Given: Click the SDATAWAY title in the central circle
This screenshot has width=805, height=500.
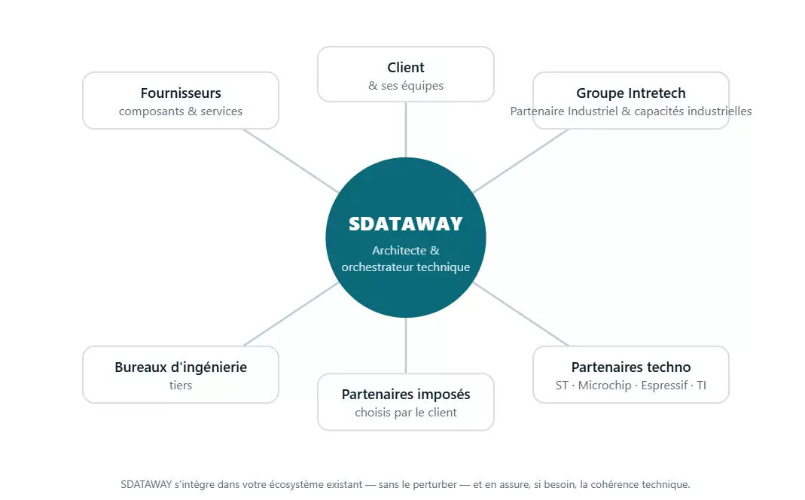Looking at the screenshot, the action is [x=406, y=224].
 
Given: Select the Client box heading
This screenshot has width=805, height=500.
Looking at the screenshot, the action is [x=406, y=67].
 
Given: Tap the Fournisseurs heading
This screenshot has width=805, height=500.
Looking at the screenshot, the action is [x=181, y=93].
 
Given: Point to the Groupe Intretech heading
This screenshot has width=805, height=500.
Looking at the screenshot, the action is [x=631, y=93].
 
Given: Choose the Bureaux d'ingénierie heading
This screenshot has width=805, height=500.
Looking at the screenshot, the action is [x=181, y=367].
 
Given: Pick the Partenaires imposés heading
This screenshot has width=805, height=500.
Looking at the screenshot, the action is [x=406, y=395].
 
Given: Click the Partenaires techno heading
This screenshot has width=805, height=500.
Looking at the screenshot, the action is [x=631, y=367].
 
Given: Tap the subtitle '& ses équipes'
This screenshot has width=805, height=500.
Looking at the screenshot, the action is [x=406, y=86].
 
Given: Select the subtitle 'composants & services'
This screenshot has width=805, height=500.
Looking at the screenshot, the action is [x=181, y=111].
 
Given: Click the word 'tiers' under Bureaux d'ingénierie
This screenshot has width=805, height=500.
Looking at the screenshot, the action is [x=181, y=385].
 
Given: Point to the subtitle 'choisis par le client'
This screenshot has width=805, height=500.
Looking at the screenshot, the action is [x=406, y=412].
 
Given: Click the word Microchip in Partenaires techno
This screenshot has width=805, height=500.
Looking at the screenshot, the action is [x=605, y=386].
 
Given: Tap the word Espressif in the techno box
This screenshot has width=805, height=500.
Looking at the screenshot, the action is [x=664, y=386].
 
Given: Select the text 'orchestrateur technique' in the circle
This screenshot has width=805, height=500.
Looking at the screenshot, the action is [x=406, y=267].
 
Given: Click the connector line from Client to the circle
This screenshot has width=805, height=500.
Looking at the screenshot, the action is [x=406, y=130].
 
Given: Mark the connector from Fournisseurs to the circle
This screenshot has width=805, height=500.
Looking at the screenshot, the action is [x=291, y=160].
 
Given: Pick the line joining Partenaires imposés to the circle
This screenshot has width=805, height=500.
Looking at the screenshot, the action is [x=406, y=346].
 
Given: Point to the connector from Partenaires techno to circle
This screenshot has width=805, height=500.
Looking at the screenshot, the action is [x=520, y=314].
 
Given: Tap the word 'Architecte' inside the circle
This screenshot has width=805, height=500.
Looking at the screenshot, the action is [x=399, y=251].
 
